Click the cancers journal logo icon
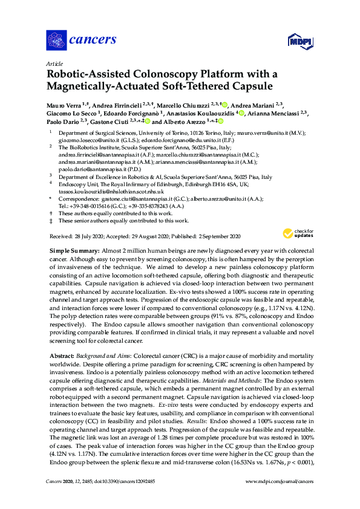click(x=56, y=40)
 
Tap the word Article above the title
click(x=54, y=63)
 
